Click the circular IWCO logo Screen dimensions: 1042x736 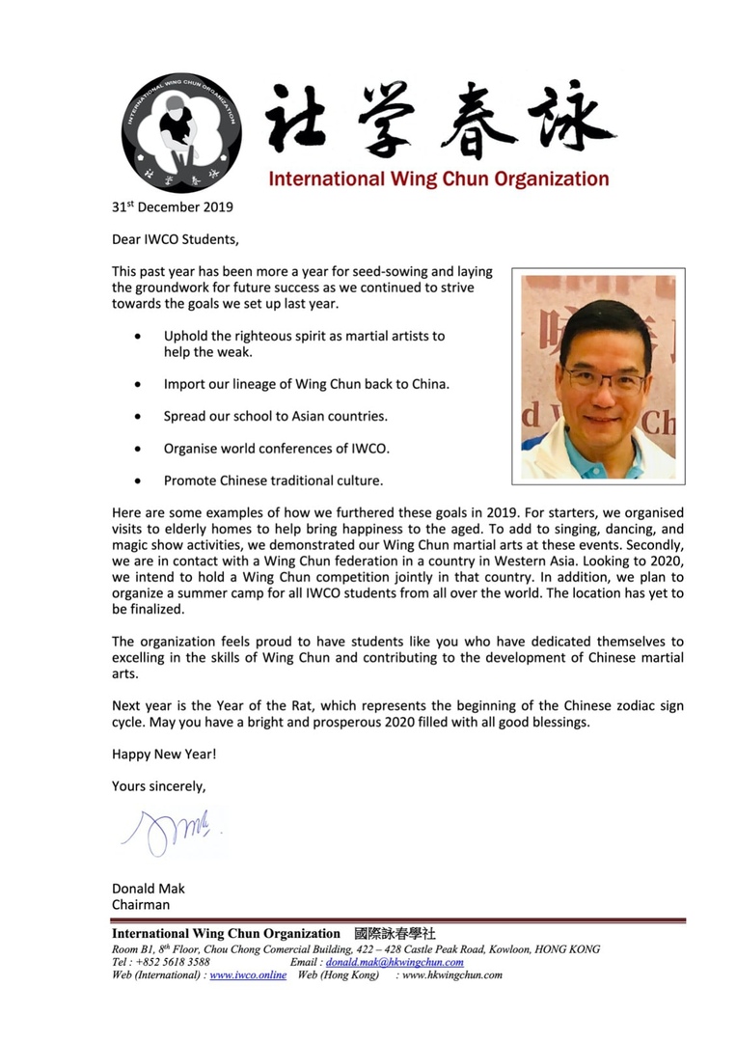(x=181, y=131)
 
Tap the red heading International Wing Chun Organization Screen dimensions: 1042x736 (x=438, y=178)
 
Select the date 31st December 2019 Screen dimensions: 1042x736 (x=172, y=206)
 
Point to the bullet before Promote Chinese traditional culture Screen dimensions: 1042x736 (x=142, y=480)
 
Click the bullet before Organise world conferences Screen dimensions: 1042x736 (x=142, y=449)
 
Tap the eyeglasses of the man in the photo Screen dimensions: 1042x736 (x=605, y=379)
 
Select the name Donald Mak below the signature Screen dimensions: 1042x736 (x=149, y=888)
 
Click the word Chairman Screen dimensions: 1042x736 (x=141, y=904)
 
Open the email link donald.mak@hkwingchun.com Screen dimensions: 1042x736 (x=395, y=962)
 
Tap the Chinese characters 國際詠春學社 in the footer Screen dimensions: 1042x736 (x=395, y=933)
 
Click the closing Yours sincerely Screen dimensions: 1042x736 (x=158, y=785)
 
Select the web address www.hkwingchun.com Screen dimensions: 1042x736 (x=452, y=975)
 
